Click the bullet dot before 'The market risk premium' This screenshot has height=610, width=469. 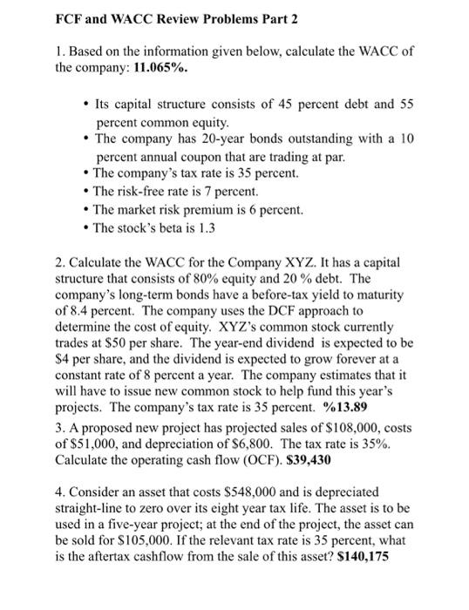click(x=86, y=210)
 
